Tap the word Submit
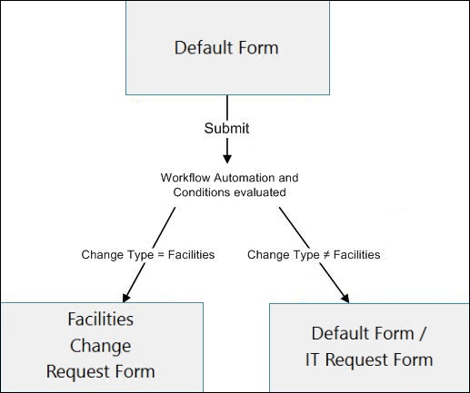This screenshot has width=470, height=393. (226, 128)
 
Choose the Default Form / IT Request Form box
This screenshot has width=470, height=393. (367, 346)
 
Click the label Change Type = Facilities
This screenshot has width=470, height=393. (148, 255)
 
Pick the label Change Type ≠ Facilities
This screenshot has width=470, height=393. (314, 255)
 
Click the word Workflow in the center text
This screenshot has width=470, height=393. (183, 177)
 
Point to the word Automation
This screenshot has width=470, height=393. (239, 177)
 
